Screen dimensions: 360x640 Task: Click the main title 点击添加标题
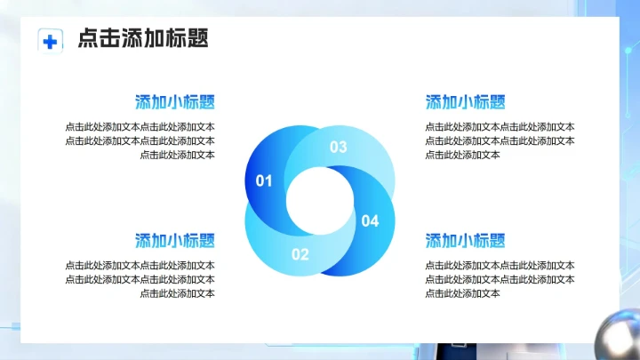point(143,39)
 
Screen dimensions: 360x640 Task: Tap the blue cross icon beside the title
point(51,41)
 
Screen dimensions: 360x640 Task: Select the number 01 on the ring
point(264,180)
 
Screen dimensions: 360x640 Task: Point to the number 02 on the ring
point(300,254)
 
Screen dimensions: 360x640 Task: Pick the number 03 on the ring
point(339,148)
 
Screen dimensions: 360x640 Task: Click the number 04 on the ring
point(370,220)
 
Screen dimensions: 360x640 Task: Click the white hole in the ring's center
point(318,201)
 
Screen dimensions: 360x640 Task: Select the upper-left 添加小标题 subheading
point(175,101)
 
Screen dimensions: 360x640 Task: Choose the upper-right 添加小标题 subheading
point(466,101)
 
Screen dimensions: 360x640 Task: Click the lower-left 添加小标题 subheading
point(175,240)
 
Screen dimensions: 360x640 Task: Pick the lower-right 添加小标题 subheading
point(466,240)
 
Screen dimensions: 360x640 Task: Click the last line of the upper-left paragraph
point(177,155)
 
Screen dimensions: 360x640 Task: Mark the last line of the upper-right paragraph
point(462,155)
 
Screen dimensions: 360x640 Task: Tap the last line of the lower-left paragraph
point(177,293)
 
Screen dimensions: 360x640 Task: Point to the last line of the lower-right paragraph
point(462,293)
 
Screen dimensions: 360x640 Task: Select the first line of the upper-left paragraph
point(140,127)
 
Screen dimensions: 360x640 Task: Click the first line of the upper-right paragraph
point(500,127)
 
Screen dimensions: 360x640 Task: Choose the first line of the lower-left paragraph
point(140,266)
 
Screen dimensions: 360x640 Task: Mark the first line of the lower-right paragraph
point(500,266)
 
